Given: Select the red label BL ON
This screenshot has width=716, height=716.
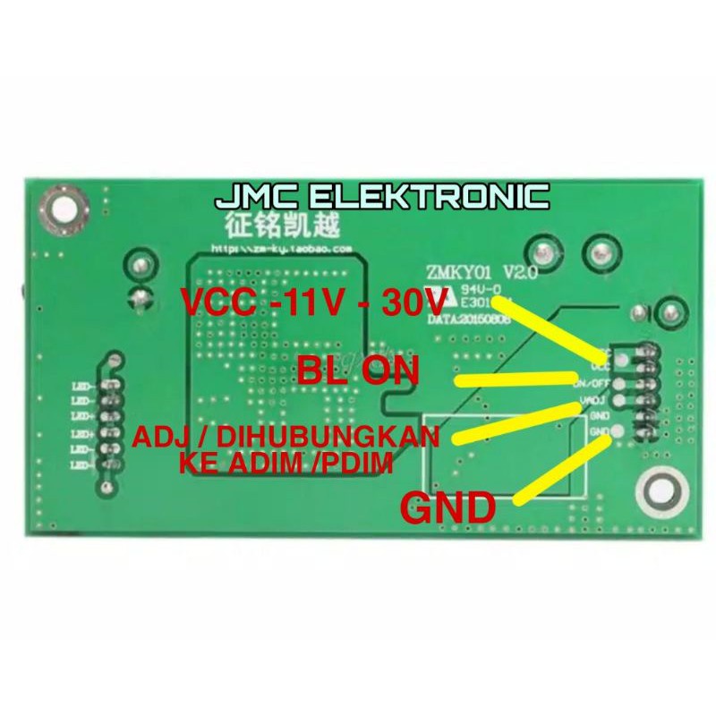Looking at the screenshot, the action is coord(358,370).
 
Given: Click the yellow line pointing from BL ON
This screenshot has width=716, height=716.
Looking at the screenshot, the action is coord(519,378).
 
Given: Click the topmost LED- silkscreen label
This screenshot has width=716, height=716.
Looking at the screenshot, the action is coord(83,386).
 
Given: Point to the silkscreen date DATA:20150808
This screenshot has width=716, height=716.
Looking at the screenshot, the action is coord(471,317).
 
